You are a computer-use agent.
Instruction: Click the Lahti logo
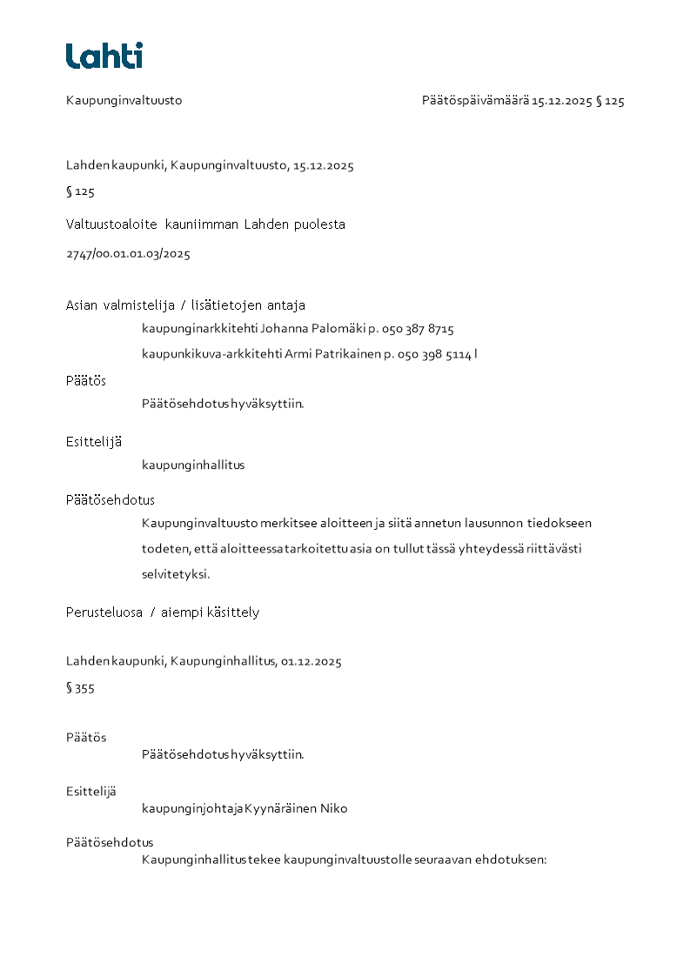104,56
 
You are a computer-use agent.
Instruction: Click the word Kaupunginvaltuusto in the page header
124,101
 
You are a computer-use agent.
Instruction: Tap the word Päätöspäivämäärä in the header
475,101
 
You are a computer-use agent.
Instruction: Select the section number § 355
80,688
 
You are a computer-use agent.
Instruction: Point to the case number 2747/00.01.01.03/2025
128,255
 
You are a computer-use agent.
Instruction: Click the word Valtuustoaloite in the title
111,224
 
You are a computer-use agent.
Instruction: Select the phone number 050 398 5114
435,355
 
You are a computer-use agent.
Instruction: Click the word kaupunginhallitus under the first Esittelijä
193,465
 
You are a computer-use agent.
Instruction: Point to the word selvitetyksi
176,575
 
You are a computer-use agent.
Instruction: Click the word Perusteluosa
104,612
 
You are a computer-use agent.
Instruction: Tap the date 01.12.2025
311,661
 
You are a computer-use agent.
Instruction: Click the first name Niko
334,809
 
